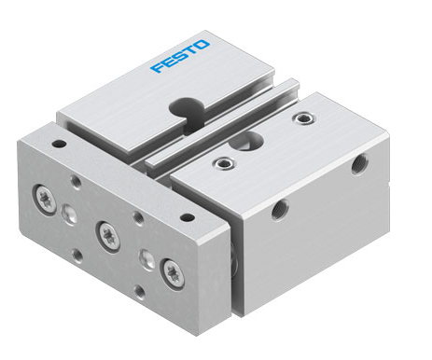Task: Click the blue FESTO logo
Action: (x=180, y=56)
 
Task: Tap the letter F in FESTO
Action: (x=159, y=67)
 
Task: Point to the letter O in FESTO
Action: (x=202, y=45)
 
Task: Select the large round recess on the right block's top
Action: (x=246, y=141)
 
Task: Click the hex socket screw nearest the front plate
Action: (x=225, y=163)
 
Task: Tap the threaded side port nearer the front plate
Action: (x=280, y=210)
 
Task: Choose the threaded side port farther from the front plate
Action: (x=360, y=164)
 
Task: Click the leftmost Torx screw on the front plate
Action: (x=46, y=200)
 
